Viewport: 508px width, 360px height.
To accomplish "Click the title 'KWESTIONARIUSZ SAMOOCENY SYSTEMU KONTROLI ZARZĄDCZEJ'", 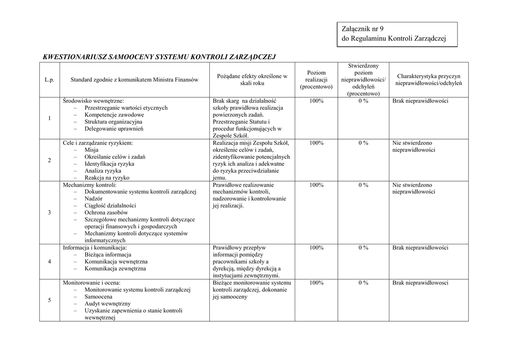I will coord(159,57).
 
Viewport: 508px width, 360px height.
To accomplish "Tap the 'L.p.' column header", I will coord(49,79).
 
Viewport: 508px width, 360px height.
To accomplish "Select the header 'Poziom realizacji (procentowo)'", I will coord(316,79).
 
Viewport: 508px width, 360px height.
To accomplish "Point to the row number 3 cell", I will coord(49,213).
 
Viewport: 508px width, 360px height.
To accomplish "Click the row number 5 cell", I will coord(49,300).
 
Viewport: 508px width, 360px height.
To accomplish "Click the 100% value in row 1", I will coord(316,101).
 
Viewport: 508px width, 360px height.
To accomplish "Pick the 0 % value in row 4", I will coord(363,247).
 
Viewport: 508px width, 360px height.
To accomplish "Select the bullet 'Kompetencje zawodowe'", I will coord(114,115).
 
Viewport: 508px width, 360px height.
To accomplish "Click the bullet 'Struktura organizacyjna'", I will coord(113,122).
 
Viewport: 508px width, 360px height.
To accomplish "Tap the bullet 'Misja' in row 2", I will coord(91,149).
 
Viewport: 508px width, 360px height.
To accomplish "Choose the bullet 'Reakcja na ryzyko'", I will coord(107,177).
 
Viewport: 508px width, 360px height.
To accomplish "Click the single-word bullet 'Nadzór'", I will coord(94,198).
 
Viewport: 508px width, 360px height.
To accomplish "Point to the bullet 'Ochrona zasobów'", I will coord(106,212).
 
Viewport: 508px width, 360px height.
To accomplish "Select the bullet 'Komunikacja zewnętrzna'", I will coord(115,268).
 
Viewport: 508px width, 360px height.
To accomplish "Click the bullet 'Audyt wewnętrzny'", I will coord(107,303).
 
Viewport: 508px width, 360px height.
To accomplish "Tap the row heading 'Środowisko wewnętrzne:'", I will coord(93,101).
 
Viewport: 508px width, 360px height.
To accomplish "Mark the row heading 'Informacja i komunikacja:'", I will coord(94,247).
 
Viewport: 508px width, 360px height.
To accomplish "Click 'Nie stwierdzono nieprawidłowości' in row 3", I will coord(413,188).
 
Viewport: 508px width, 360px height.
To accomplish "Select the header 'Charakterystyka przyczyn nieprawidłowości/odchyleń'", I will coord(428,79).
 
